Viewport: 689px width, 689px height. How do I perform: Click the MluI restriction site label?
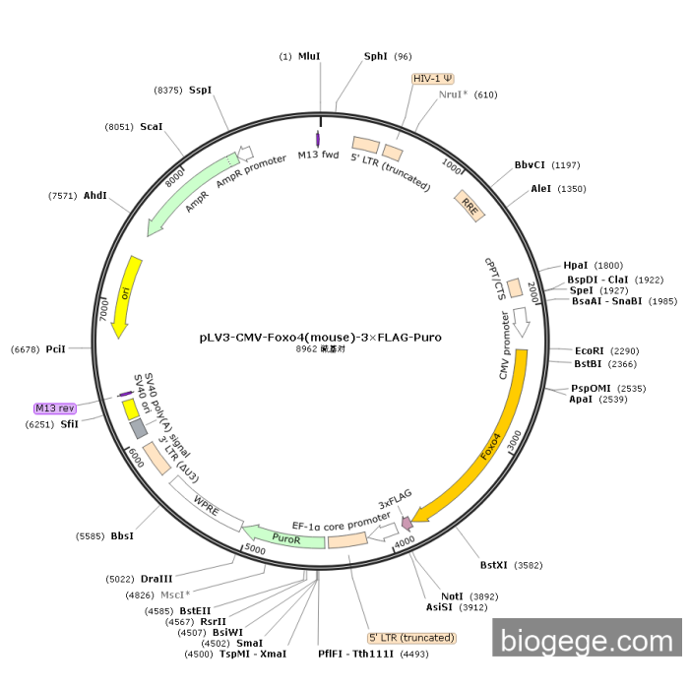click(x=309, y=56)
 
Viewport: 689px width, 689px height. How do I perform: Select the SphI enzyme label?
click(x=376, y=56)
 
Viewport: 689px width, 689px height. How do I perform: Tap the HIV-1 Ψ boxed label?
click(x=433, y=79)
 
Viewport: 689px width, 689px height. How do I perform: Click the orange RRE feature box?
click(x=470, y=206)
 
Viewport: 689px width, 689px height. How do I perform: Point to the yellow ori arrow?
click(x=126, y=296)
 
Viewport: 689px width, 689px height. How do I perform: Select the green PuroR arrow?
click(x=284, y=536)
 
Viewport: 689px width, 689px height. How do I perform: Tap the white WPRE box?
click(x=206, y=504)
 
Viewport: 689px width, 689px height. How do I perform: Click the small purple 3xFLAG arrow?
click(x=407, y=523)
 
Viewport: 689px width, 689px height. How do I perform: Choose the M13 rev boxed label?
click(x=55, y=408)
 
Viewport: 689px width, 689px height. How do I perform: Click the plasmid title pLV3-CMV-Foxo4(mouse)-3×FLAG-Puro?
click(x=320, y=338)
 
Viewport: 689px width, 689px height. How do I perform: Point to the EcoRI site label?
click(x=590, y=350)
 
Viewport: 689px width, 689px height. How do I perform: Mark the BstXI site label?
click(x=493, y=565)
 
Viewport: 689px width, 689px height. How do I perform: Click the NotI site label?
click(x=452, y=596)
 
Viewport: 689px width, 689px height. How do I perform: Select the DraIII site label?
click(x=157, y=579)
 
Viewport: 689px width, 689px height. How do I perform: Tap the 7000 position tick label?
click(x=103, y=310)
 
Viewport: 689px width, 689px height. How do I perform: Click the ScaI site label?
click(x=152, y=127)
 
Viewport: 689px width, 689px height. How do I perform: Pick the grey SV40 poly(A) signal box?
click(x=139, y=428)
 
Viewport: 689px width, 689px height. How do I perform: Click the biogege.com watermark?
click(x=587, y=640)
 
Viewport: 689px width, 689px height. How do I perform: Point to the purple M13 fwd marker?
click(x=318, y=139)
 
